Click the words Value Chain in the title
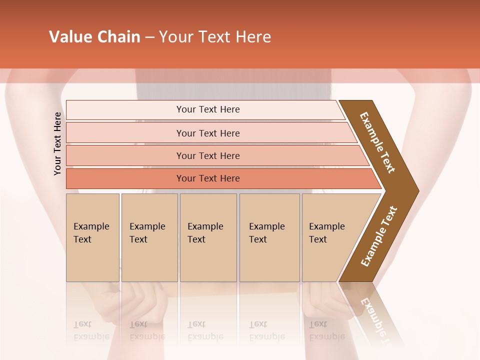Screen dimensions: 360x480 pyautogui.click(x=94, y=37)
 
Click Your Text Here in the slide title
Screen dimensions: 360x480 pyautogui.click(x=215, y=37)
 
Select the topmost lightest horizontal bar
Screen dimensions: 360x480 pyautogui.click(x=207, y=109)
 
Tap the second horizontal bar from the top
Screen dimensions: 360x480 pyautogui.click(x=207, y=133)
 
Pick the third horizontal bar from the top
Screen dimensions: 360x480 pyautogui.click(x=207, y=155)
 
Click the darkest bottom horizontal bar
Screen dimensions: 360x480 pyautogui.click(x=207, y=178)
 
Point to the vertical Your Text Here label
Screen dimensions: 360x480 pyautogui.click(x=57, y=143)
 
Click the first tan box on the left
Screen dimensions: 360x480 pyautogui.click(x=92, y=237)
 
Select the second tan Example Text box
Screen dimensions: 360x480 pyautogui.click(x=149, y=237)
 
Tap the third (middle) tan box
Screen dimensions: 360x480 pyautogui.click(x=208, y=237)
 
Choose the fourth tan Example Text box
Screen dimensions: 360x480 pyautogui.click(x=269, y=237)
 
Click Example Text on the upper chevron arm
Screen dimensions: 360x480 pyautogui.click(x=377, y=142)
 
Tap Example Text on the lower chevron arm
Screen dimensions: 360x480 pyautogui.click(x=379, y=236)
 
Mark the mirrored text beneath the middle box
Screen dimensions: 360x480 pyautogui.click(x=205, y=330)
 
